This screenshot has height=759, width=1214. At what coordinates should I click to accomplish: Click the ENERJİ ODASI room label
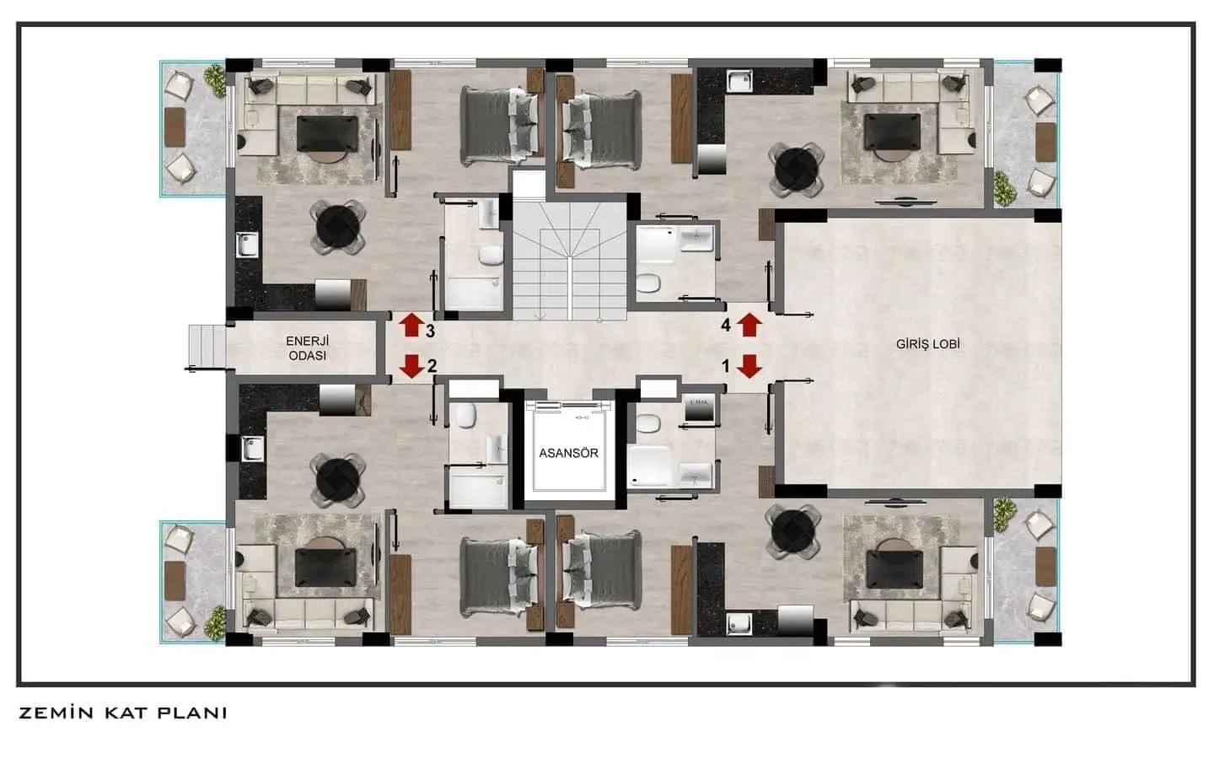(307, 348)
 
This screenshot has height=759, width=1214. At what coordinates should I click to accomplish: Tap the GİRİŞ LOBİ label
(928, 344)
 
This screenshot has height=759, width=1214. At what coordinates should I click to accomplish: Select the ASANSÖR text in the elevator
(568, 453)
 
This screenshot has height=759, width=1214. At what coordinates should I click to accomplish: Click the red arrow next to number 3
(412, 325)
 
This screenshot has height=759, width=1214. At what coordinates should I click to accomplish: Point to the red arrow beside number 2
(412, 366)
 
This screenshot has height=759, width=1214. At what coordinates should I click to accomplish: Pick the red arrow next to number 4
(749, 325)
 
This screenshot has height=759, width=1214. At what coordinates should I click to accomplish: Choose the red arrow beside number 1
(749, 366)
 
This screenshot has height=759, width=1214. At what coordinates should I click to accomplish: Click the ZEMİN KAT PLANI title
(123, 713)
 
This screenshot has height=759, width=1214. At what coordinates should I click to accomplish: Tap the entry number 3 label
(430, 331)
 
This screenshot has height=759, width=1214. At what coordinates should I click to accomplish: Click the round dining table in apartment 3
(338, 227)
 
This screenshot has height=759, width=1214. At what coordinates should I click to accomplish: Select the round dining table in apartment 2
(338, 480)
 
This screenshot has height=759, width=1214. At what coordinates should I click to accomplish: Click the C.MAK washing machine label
(699, 402)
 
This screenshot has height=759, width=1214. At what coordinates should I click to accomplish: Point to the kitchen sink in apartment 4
(739, 81)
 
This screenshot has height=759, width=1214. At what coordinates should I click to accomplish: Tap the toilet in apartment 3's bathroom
(491, 256)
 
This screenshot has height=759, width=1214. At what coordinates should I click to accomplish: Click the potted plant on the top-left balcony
(215, 80)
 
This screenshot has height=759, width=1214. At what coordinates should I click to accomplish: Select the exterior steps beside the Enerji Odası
(207, 346)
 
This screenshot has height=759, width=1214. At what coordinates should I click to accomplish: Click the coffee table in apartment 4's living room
(892, 132)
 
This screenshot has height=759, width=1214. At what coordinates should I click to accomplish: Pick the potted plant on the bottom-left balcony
(215, 622)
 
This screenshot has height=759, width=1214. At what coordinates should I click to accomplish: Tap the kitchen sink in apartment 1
(739, 623)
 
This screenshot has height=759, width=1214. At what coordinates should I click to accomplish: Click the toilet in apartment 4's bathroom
(647, 283)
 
